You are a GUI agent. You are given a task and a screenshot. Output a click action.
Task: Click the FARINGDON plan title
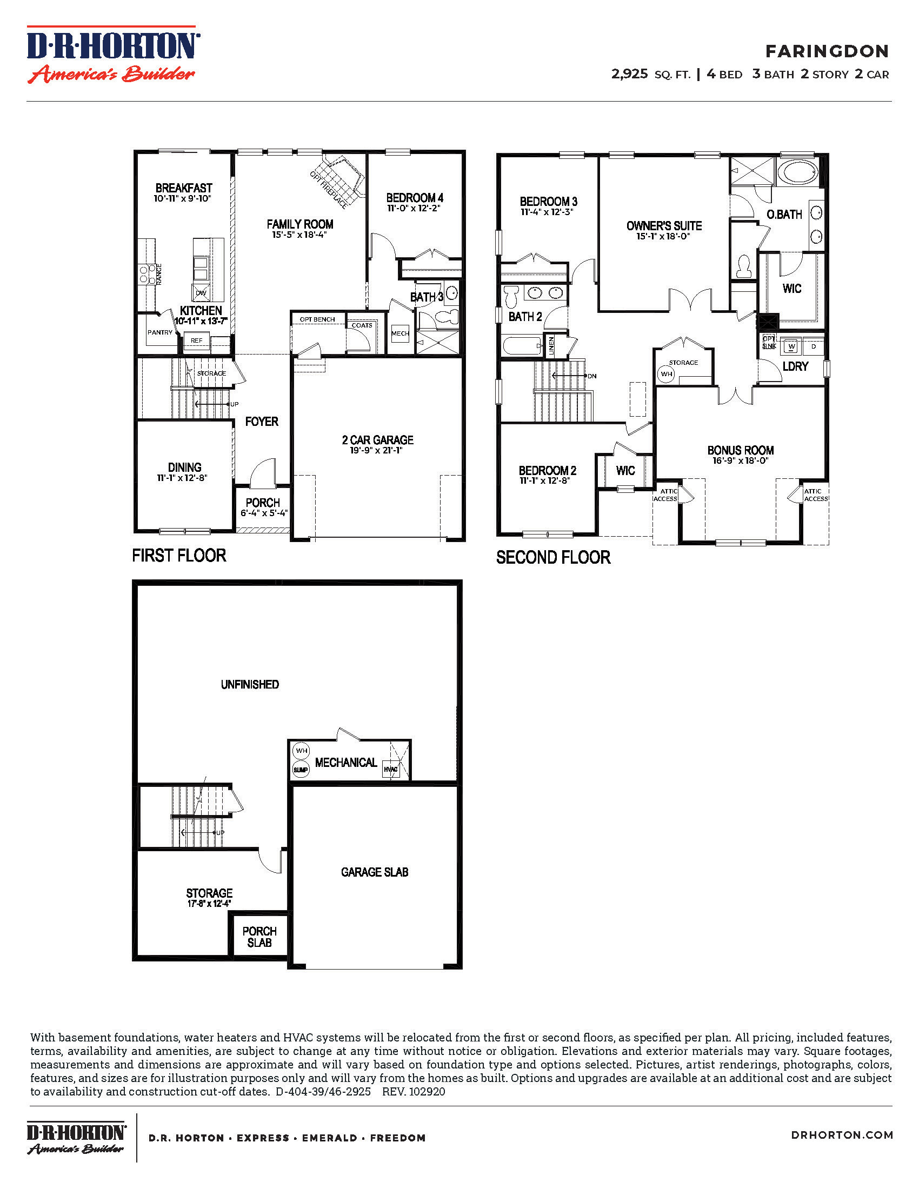click(827, 51)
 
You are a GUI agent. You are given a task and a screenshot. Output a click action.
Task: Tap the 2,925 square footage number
click(629, 74)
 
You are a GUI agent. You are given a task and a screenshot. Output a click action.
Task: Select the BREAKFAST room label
click(183, 188)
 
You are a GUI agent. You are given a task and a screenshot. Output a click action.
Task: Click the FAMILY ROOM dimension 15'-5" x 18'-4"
click(299, 235)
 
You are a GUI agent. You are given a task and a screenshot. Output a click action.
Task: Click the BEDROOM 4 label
click(414, 198)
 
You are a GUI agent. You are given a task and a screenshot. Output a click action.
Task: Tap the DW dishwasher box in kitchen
click(201, 293)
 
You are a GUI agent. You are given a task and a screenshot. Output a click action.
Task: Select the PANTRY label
click(160, 332)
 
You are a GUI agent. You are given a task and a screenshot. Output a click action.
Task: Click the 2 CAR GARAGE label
click(377, 440)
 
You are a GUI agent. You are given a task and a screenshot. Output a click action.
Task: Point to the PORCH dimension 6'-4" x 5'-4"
click(264, 513)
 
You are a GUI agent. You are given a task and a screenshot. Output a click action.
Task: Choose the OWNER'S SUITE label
click(664, 225)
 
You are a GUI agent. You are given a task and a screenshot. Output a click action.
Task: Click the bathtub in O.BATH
click(797, 172)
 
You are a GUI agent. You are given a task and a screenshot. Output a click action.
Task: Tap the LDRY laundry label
click(795, 366)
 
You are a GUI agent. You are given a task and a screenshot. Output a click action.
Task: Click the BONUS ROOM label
click(741, 450)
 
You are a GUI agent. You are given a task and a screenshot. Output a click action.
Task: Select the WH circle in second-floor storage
click(667, 374)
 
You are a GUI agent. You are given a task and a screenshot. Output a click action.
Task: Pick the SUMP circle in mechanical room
click(301, 769)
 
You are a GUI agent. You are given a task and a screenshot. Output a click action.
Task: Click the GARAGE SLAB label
click(375, 872)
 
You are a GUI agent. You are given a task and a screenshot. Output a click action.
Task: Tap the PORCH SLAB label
click(259, 937)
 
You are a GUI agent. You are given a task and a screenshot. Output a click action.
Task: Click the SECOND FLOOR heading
click(553, 558)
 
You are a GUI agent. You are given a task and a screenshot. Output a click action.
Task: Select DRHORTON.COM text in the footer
click(842, 1135)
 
